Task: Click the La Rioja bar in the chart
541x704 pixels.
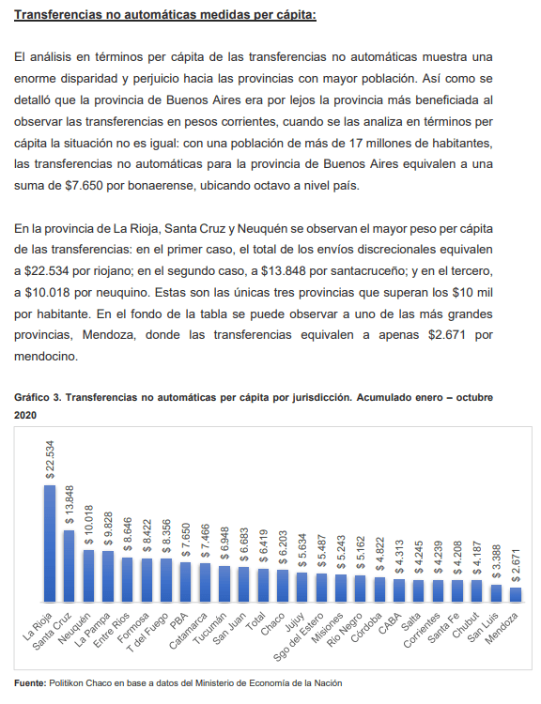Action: coord(50,543)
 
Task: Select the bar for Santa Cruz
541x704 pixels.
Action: coord(69,566)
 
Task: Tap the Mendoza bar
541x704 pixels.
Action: coord(516,595)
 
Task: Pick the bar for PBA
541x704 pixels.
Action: coord(185,582)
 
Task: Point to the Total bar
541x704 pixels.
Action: coord(263,585)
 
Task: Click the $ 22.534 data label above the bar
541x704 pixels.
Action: coord(50,459)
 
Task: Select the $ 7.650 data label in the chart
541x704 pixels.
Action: coord(186,540)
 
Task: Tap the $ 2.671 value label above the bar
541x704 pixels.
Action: coord(517,565)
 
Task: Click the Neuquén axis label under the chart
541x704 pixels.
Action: coord(74,628)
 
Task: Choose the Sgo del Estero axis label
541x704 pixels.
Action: coord(299,636)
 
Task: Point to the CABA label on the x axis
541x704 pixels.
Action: coord(389,623)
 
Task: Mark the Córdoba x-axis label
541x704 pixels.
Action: coord(366,627)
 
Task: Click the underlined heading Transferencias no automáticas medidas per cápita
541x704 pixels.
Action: coord(165,15)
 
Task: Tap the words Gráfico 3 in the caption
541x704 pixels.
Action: coord(38,398)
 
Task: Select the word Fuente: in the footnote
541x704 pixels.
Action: coord(30,683)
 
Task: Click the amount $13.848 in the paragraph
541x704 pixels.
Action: coord(283,271)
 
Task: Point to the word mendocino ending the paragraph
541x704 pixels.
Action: coord(46,357)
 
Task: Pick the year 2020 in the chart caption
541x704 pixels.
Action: coord(25,415)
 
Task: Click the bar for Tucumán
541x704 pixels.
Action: coord(224,584)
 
